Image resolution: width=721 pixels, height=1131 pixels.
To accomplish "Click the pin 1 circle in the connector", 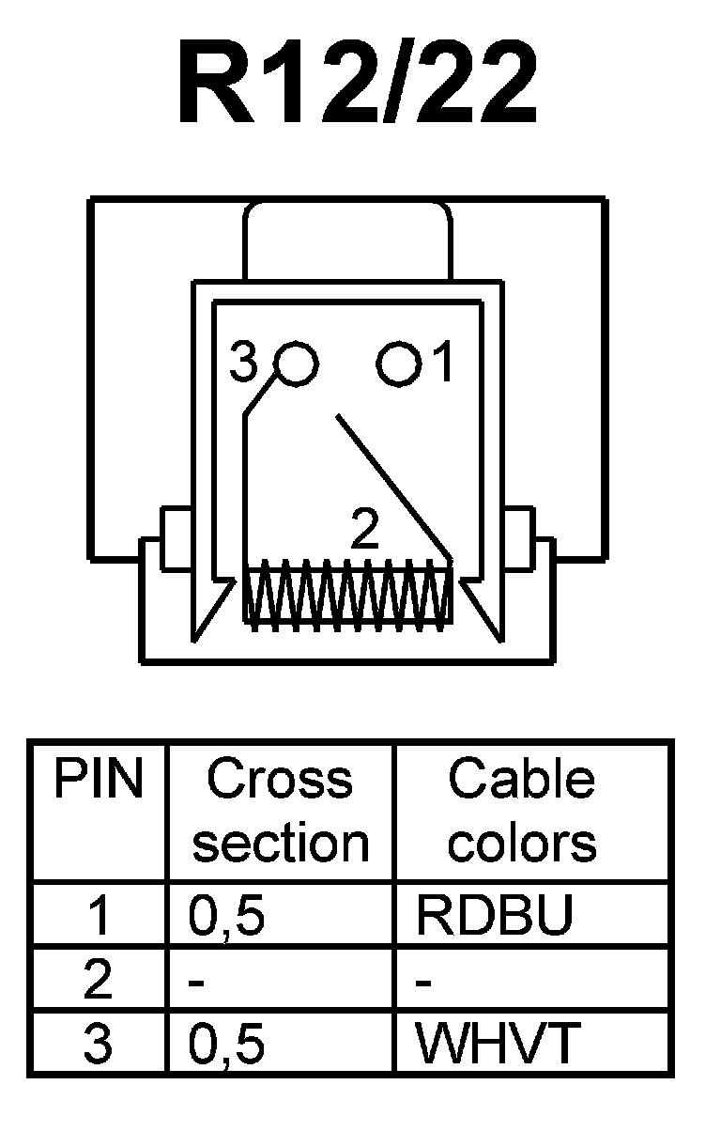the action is (398, 364).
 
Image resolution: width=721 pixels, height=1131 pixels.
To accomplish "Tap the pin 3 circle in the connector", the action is (296, 364).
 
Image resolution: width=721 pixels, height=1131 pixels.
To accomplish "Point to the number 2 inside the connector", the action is (364, 530).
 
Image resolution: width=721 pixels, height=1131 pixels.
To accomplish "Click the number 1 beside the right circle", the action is (442, 363).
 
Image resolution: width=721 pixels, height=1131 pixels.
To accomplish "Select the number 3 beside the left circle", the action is (244, 364).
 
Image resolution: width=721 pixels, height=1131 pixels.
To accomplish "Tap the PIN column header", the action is (98, 780).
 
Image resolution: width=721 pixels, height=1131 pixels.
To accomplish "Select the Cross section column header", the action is (280, 812).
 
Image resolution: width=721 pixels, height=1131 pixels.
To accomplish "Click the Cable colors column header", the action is (522, 812).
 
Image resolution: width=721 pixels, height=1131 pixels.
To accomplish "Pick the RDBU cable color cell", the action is (495, 916).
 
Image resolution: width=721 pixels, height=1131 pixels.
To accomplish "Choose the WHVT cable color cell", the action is (497, 1044).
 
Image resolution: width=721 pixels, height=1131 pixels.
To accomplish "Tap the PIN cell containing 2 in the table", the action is (98, 980).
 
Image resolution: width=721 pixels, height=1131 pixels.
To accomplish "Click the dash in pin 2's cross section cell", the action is (197, 983).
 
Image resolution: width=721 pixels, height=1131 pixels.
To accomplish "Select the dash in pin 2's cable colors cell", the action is (423, 983).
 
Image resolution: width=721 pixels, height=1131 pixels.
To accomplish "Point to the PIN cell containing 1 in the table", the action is (98, 916).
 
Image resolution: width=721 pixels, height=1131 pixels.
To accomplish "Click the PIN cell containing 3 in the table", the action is (98, 1044).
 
